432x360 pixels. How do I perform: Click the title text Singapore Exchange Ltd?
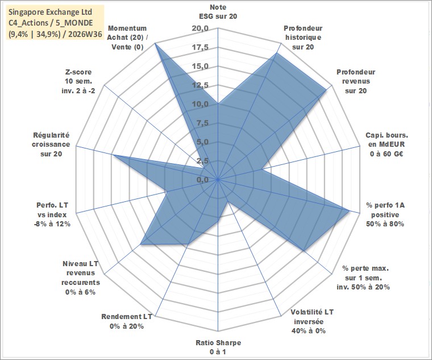click(50, 13)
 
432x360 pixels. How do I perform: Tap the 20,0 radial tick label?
click(200, 28)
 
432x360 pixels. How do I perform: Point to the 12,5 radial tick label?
click(200, 85)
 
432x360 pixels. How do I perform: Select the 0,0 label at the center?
click(202, 180)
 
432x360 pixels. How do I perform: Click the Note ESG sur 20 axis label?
click(218, 11)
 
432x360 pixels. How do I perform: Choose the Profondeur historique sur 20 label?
click(303, 38)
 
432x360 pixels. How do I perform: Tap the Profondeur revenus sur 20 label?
click(356, 81)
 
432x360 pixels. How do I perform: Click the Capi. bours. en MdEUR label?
click(387, 144)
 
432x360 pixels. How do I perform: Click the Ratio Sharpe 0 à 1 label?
click(218, 347)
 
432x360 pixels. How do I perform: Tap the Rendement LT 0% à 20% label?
click(127, 321)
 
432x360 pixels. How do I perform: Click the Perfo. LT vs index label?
click(52, 214)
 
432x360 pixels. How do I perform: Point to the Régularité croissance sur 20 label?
click(51, 144)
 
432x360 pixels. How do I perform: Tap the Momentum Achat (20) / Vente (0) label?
click(127, 38)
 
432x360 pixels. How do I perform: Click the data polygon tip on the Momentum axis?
click(155, 43)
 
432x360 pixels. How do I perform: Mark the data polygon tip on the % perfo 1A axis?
click(350, 210)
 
